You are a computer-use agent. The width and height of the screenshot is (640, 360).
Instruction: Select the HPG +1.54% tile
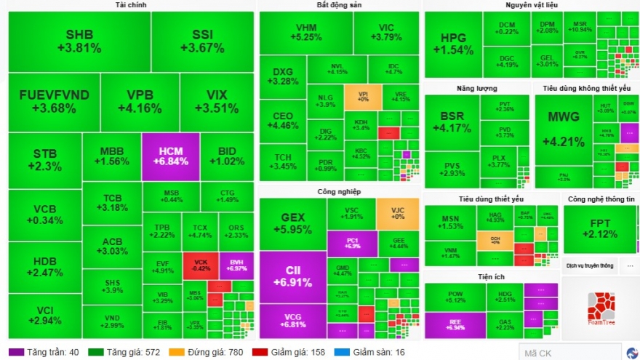point(452,44)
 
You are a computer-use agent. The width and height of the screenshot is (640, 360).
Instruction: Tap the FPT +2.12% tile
point(599,228)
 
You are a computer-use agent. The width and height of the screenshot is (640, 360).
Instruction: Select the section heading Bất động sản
point(339,5)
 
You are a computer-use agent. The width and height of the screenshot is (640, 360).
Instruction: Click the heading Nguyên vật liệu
point(531,5)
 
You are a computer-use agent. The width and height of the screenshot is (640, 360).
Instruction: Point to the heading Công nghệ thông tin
point(600,199)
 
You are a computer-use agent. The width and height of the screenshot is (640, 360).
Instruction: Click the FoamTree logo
point(600,309)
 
